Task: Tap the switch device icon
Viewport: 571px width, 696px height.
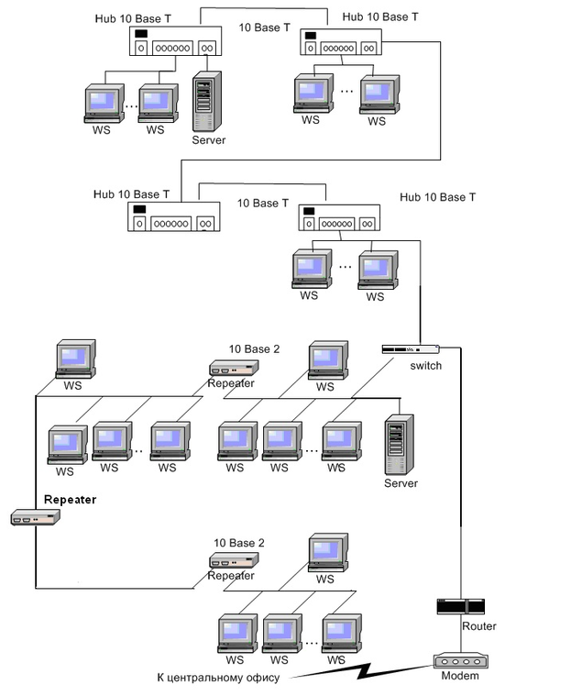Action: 411,349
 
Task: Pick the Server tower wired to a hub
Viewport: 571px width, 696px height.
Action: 208,107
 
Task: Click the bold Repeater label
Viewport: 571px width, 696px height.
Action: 70,500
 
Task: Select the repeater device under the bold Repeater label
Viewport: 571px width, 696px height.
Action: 36,518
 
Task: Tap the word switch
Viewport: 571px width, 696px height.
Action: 426,366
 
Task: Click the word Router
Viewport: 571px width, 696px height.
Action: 479,626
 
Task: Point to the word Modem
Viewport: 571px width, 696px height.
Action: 459,677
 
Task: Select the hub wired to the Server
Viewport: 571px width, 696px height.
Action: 173,42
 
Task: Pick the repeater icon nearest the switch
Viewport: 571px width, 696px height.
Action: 234,368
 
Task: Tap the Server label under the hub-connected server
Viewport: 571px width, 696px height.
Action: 208,140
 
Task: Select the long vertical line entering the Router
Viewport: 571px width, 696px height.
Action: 458,477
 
